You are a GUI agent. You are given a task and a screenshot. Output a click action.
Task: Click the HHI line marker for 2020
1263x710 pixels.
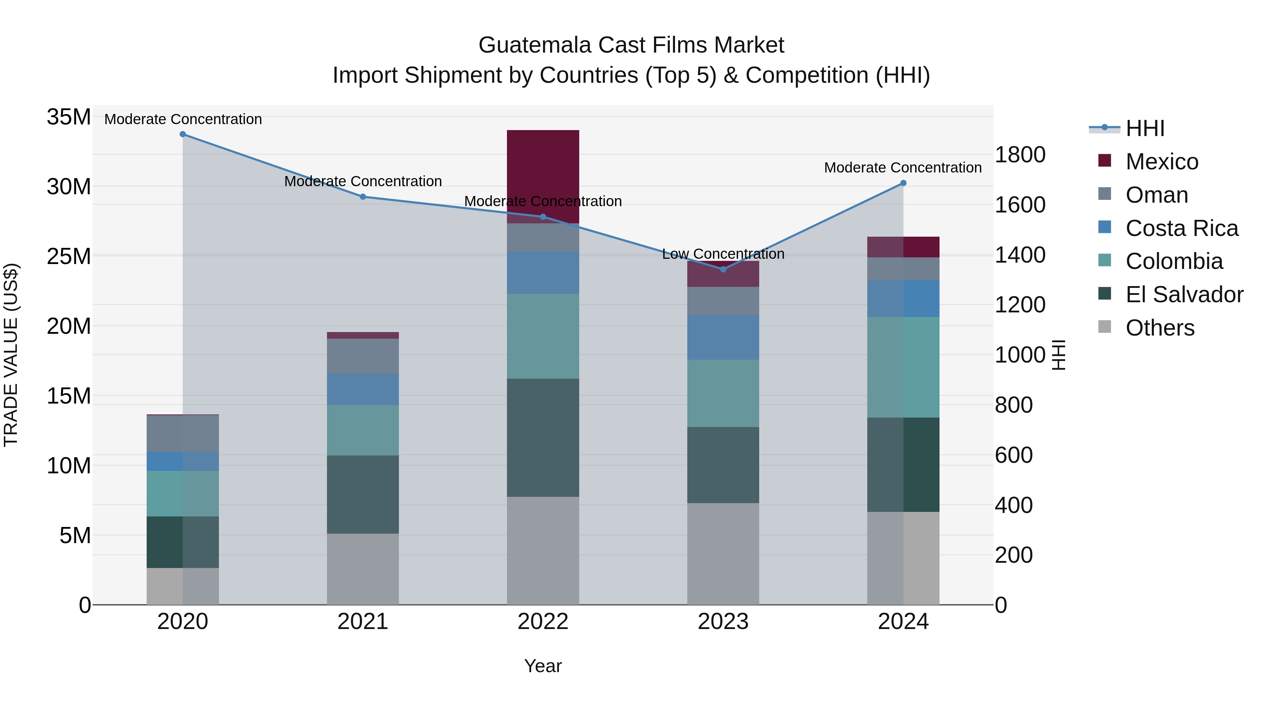point(182,134)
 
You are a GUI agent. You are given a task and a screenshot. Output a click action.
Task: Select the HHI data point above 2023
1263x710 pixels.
point(723,269)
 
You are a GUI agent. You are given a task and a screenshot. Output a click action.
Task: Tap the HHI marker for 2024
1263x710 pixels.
point(903,183)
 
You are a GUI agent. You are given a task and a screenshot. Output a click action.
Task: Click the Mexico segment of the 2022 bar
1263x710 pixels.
point(543,176)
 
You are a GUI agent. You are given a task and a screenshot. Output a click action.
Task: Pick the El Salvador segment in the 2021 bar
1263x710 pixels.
point(363,494)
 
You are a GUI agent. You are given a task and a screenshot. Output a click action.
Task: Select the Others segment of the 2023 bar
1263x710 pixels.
point(723,554)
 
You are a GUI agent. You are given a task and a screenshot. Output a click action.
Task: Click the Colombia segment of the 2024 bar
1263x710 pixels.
point(903,367)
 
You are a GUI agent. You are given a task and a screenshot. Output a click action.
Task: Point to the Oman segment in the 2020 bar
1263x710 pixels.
point(182,433)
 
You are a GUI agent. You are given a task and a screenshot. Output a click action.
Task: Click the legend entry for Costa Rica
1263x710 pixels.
point(1182,228)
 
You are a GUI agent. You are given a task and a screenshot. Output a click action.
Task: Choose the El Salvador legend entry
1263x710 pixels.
point(1184,295)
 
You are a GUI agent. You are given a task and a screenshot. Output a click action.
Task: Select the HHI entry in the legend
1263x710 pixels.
point(1145,128)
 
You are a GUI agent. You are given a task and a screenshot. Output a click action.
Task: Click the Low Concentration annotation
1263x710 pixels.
point(723,254)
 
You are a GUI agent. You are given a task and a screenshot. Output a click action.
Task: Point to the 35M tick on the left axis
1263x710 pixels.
point(69,117)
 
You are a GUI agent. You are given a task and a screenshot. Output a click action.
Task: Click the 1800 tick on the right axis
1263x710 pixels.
point(1020,155)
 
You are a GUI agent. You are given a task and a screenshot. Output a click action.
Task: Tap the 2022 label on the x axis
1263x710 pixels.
point(543,622)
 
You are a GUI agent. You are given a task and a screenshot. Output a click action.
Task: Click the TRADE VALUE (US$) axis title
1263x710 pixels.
point(11,355)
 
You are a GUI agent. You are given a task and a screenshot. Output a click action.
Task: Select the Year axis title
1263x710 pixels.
point(543,666)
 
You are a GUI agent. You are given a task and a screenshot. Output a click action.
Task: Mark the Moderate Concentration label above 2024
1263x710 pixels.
point(903,168)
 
